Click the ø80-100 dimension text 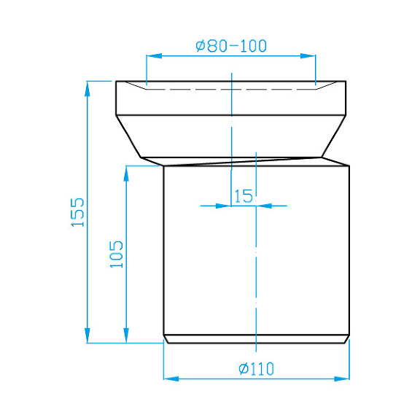click(x=231, y=46)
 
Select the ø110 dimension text click(x=256, y=369)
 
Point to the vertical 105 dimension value click(x=117, y=254)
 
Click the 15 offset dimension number click(x=243, y=195)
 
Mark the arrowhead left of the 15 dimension click(x=224, y=206)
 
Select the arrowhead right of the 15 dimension click(x=264, y=206)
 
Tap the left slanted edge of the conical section click(x=129, y=136)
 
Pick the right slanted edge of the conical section click(x=333, y=136)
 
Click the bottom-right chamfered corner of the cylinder click(x=346, y=339)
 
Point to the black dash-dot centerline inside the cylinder click(x=257, y=277)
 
